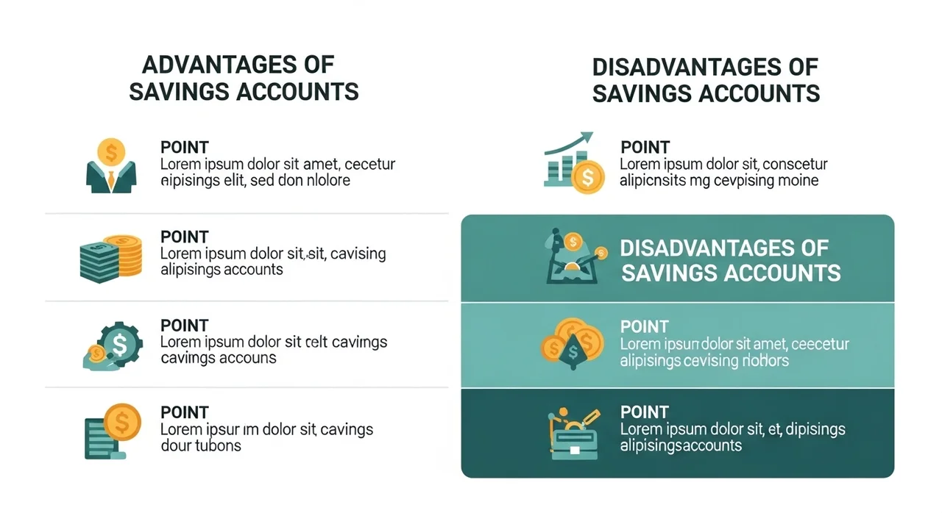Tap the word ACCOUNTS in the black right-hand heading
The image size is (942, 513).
[759, 93]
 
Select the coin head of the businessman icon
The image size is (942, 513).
[111, 151]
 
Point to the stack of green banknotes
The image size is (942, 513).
[99, 262]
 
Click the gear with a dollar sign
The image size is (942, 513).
[120, 344]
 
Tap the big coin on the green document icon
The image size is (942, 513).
[122, 422]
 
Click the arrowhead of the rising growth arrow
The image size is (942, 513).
[587, 138]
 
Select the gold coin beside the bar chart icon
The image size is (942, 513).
[588, 177]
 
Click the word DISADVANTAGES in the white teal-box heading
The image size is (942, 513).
[724, 248]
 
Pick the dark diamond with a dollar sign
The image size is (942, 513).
[573, 352]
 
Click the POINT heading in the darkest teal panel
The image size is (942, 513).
[644, 412]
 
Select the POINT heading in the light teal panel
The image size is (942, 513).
[644, 326]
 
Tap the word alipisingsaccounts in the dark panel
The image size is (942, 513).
[681, 446]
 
